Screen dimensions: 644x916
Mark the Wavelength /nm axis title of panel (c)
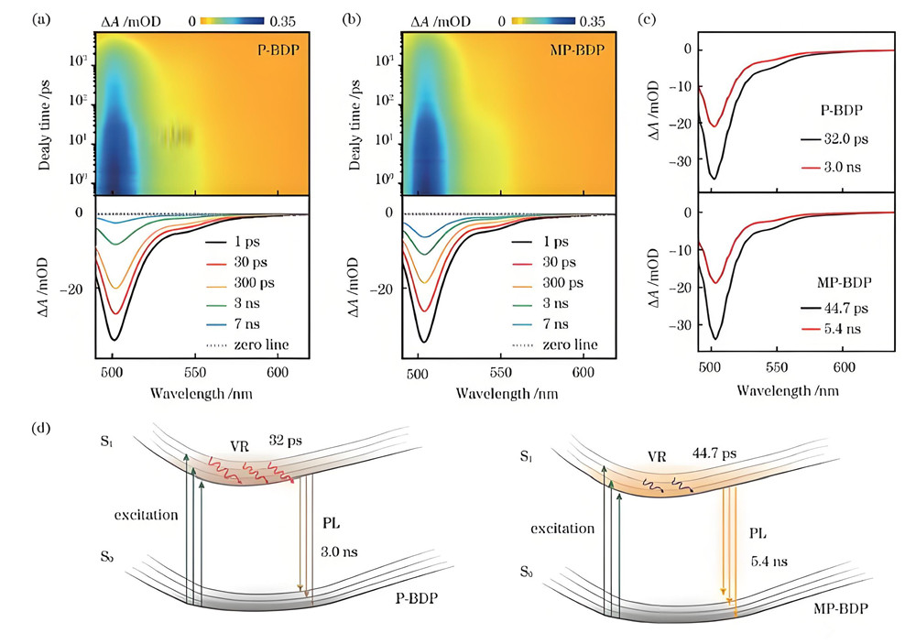tap(785, 388)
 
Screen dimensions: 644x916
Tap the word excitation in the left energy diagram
tap(142, 515)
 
